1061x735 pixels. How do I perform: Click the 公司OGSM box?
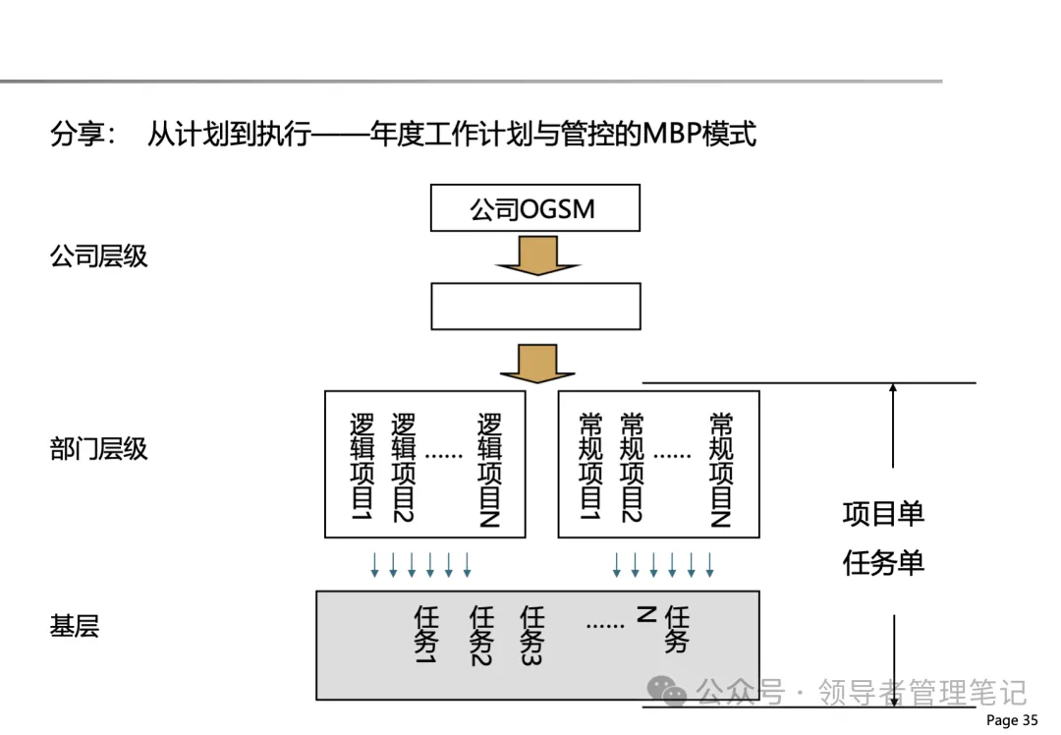click(535, 208)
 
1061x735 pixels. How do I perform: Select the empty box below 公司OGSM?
click(535, 306)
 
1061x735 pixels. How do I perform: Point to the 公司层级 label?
click(98, 256)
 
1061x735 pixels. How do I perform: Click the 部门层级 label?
click(98, 449)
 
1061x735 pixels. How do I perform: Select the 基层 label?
click(75, 626)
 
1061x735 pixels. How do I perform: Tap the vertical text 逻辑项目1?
click(363, 468)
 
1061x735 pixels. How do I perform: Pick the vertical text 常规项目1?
click(590, 468)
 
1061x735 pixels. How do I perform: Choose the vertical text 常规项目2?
click(632, 468)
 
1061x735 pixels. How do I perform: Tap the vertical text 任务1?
click(425, 635)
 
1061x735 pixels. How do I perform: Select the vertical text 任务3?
click(531, 635)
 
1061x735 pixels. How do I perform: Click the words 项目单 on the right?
click(883, 513)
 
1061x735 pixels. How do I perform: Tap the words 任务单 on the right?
click(883, 562)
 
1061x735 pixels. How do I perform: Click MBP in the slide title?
click(668, 134)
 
